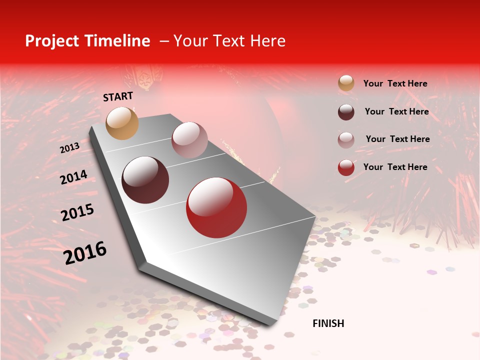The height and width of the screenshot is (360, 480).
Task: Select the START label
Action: tap(118, 96)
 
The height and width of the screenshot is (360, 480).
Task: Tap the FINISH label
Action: tap(328, 323)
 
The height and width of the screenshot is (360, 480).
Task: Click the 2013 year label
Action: tap(69, 148)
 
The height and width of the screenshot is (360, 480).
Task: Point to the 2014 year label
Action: tap(73, 177)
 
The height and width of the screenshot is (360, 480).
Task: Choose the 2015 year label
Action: tap(77, 212)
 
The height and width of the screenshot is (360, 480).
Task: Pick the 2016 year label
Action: tap(85, 252)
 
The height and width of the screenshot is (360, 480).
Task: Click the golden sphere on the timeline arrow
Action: tap(122, 123)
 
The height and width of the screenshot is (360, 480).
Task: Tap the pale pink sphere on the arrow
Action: tap(189, 140)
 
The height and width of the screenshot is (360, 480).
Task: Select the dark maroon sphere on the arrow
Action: tap(145, 180)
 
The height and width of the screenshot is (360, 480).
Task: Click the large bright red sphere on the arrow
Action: tap(216, 207)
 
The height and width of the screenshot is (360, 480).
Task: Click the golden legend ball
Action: tap(346, 83)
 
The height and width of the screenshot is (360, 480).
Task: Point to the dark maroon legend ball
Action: tap(346, 111)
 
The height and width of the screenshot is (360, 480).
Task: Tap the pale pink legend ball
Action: tap(346, 139)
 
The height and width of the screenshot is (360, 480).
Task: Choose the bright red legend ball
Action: tap(346, 167)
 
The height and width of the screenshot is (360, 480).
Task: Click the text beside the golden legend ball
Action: tap(395, 83)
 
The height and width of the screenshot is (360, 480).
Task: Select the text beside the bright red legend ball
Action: tap(395, 167)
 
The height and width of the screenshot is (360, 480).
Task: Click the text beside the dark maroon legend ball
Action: tap(396, 111)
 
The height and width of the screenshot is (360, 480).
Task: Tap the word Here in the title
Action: tap(267, 41)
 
